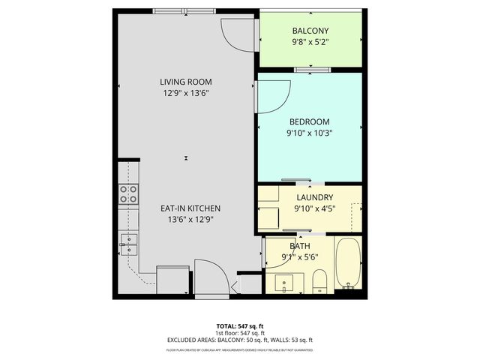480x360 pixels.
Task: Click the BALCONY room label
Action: click(310, 31)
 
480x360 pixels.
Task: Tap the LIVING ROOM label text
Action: click(185, 82)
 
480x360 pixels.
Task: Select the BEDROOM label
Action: click(309, 121)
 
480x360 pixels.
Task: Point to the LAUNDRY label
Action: click(309, 198)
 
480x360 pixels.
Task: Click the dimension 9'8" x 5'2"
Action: click(310, 42)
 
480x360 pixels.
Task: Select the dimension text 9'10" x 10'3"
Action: click(309, 133)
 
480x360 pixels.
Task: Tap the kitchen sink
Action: click(128, 241)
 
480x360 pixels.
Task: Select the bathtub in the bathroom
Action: click(348, 263)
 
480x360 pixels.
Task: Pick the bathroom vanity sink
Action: click(286, 283)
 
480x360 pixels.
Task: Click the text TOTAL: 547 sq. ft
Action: click(240, 326)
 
